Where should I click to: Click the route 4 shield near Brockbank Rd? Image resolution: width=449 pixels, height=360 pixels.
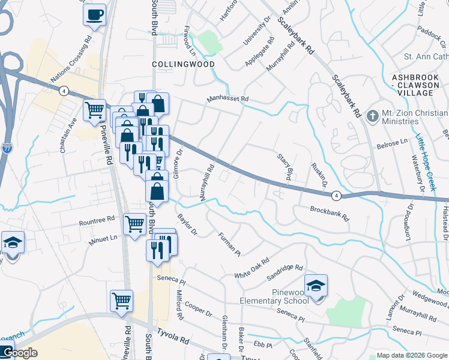click(337, 196)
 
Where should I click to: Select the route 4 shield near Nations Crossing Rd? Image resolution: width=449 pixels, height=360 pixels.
click(63, 91)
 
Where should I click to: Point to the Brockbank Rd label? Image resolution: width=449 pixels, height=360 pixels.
click(329, 213)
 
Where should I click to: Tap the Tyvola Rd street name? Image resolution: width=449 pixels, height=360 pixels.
click(173, 339)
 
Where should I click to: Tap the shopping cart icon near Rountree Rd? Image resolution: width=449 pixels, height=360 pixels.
click(134, 224)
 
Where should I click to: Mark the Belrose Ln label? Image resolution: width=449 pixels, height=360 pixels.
click(391, 144)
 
